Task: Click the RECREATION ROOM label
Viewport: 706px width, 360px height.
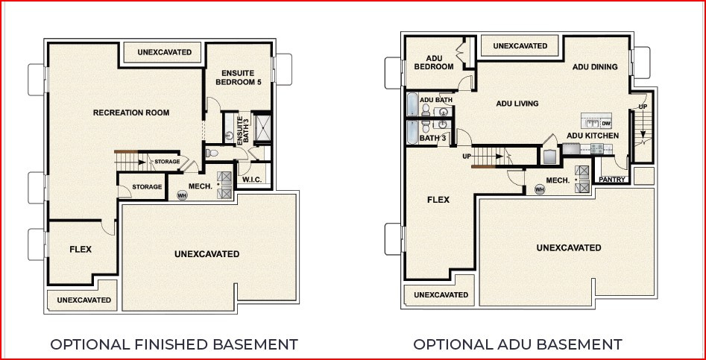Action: pyautogui.click(x=130, y=113)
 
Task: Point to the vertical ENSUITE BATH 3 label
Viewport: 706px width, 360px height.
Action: pyautogui.click(x=240, y=130)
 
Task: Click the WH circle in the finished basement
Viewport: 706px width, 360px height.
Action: pyautogui.click(x=181, y=195)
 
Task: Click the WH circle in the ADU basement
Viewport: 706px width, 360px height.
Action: pyautogui.click(x=540, y=189)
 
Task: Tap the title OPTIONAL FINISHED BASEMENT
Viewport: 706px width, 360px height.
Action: pyautogui.click(x=174, y=344)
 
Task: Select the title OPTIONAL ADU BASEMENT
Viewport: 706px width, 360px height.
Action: pyautogui.click(x=517, y=344)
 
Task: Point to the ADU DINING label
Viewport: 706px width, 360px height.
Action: pyautogui.click(x=595, y=67)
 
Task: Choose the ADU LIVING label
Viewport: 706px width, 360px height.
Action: pyautogui.click(x=517, y=104)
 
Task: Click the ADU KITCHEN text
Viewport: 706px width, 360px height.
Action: pyautogui.click(x=593, y=136)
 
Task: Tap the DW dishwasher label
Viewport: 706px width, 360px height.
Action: pyautogui.click(x=606, y=123)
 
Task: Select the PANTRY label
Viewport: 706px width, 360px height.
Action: pyautogui.click(x=612, y=180)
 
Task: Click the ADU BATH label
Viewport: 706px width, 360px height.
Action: pyautogui.click(x=436, y=100)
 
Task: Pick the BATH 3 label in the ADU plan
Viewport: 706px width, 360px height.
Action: pyautogui.click(x=432, y=138)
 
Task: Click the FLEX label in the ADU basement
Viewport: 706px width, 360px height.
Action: pyautogui.click(x=438, y=200)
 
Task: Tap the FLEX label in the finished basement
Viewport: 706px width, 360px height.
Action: pyautogui.click(x=81, y=249)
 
